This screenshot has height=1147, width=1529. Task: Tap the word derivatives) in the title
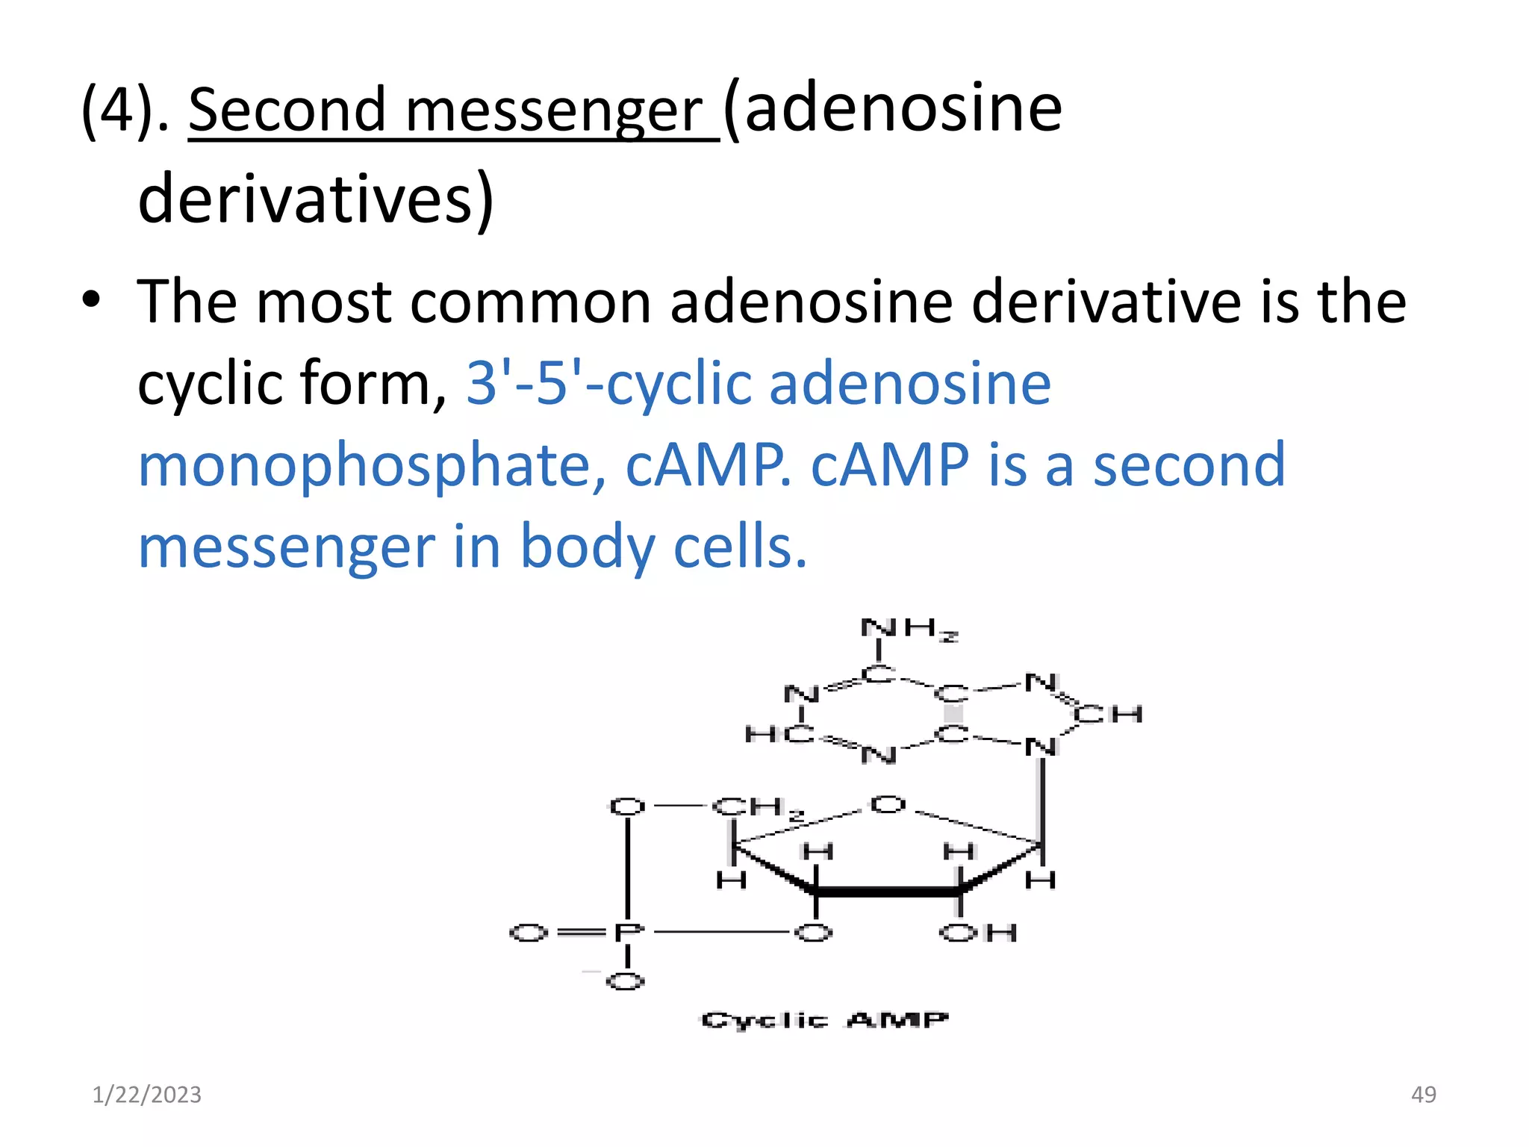coord(316,199)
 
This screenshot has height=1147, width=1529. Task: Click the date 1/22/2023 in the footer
coord(146,1095)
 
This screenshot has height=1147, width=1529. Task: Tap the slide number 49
coord(1423,1095)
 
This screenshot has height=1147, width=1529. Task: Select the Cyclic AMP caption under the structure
coord(824,1020)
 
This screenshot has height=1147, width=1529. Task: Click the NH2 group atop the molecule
coord(909,630)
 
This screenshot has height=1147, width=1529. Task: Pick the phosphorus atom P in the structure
coord(627,933)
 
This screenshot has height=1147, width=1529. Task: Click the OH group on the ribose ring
coord(977,933)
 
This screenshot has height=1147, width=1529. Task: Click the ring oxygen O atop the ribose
coord(888,805)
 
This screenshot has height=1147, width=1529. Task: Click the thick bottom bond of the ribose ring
coord(888,892)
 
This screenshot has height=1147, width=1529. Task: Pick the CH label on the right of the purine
coord(1108,715)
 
